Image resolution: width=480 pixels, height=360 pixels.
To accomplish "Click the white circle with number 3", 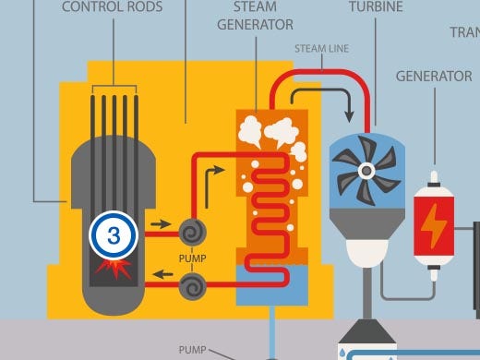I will (x=113, y=234).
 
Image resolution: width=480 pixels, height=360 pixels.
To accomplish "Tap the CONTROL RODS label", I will (x=112, y=8).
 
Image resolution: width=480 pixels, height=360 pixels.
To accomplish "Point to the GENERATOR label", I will (x=433, y=76).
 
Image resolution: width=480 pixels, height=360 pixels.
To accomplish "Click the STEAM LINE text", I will (x=322, y=46).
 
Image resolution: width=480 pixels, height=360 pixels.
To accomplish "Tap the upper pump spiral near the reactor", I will (x=192, y=230).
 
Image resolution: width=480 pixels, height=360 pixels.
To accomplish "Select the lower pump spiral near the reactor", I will (x=192, y=288).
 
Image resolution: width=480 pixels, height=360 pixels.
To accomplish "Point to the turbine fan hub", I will (x=367, y=170).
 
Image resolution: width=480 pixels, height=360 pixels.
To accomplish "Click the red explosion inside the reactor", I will (x=113, y=270).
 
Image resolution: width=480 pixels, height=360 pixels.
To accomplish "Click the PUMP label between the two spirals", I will (x=192, y=259).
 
